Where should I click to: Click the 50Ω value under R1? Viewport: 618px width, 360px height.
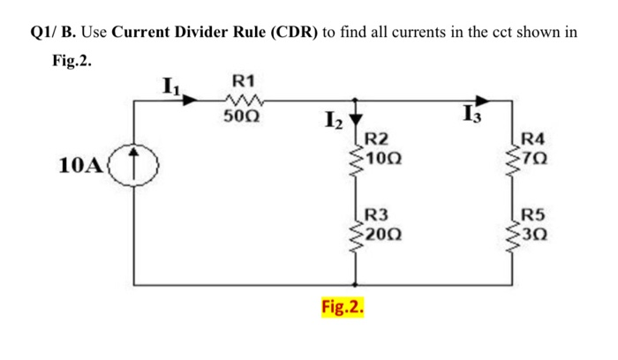[x=240, y=116]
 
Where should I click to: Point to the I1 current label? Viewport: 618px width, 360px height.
[x=170, y=86]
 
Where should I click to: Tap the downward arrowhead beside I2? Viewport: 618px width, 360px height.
[x=356, y=120]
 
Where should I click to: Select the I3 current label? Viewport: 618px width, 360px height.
[x=470, y=114]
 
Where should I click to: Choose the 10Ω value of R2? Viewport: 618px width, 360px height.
[x=385, y=159]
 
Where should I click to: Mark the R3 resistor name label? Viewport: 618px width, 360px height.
[x=376, y=214]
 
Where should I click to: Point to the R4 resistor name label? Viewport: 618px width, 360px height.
[x=533, y=139]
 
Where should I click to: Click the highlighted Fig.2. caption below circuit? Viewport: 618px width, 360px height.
[x=343, y=310]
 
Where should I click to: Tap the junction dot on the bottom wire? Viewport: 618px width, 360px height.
[x=356, y=285]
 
